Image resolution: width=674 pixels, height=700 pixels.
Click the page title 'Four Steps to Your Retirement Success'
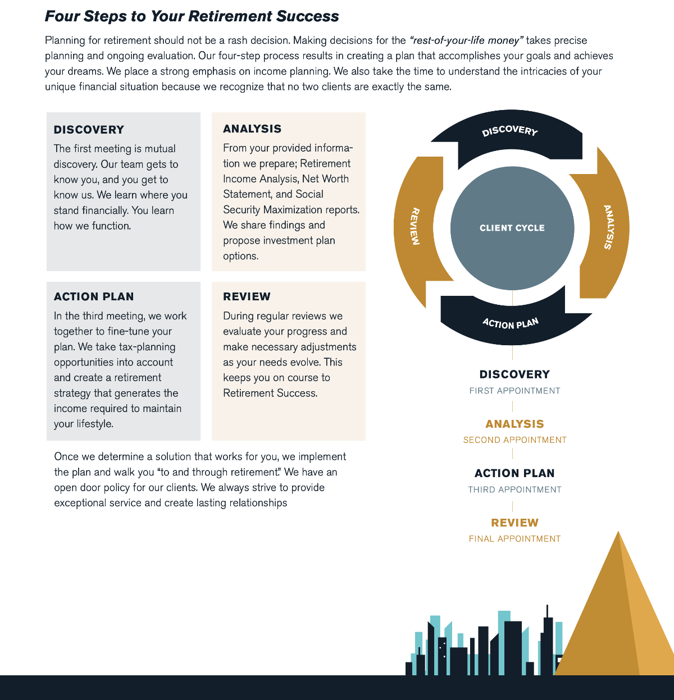(x=192, y=16)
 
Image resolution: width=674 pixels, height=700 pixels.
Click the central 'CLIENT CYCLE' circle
(x=512, y=228)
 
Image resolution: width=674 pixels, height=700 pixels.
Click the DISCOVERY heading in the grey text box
(x=89, y=130)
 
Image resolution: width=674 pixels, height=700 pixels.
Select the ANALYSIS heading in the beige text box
(x=252, y=129)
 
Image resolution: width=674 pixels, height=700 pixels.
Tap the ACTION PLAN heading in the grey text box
(x=94, y=296)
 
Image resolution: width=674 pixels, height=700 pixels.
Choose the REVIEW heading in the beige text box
(x=247, y=296)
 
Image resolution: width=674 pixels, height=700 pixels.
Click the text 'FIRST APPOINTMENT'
(x=514, y=391)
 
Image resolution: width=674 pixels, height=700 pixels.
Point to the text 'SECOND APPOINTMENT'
(x=514, y=440)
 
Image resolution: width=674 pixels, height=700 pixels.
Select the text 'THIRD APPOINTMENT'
(x=514, y=489)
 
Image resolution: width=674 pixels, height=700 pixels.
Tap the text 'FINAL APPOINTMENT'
(x=514, y=539)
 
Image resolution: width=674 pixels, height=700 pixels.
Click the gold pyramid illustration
(x=617, y=619)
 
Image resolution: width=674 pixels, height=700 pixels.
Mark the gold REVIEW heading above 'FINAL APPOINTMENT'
(x=514, y=523)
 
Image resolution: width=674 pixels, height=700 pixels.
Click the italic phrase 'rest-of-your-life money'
(x=466, y=40)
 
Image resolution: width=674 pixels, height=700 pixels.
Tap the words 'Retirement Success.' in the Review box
(x=270, y=393)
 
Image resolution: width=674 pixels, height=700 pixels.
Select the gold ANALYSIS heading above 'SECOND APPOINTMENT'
(x=514, y=424)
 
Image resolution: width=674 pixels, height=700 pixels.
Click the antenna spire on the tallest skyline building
(x=547, y=611)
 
